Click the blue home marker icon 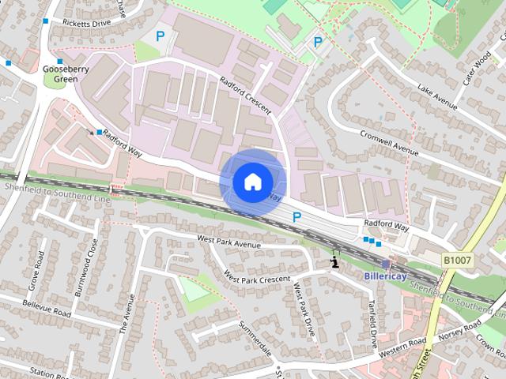pos(251,182)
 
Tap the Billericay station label pos(385,276)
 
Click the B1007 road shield pos(457,260)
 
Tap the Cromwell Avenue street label pos(387,142)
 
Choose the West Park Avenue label pos(228,241)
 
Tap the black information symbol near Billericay pos(336,261)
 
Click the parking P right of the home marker pos(297,216)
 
